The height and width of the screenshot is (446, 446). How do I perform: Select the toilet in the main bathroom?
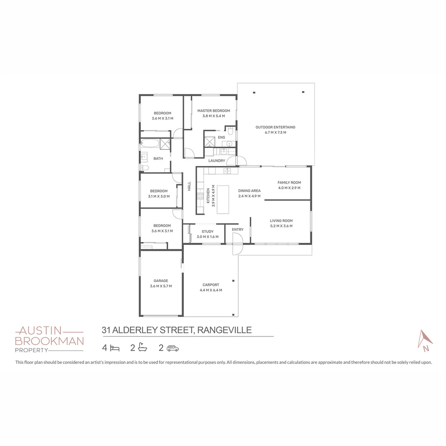click(x=145, y=168)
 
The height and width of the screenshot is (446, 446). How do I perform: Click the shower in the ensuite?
click(x=209, y=140)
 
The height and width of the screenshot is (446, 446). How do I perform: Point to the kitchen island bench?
click(x=223, y=199)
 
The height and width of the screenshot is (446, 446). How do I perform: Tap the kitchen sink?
click(x=227, y=171)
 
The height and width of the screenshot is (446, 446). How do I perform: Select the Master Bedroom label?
click(x=214, y=111)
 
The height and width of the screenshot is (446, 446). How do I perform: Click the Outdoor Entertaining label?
click(x=275, y=127)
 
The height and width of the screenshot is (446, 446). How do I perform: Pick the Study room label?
click(x=207, y=232)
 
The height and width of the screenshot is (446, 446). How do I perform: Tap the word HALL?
click(x=190, y=186)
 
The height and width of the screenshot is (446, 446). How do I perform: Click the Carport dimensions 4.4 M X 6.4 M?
click(x=211, y=290)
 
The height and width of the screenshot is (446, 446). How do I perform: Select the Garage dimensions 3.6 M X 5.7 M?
click(x=161, y=286)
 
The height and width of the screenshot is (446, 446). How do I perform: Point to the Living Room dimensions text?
click(x=281, y=226)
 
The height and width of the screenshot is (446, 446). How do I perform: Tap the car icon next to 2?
click(x=173, y=348)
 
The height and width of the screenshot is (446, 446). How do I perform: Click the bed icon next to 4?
click(x=114, y=348)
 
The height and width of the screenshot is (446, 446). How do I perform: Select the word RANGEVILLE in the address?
click(x=225, y=330)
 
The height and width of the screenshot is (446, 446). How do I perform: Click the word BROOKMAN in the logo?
click(x=49, y=341)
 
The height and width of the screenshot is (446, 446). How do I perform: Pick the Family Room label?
click(x=289, y=183)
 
